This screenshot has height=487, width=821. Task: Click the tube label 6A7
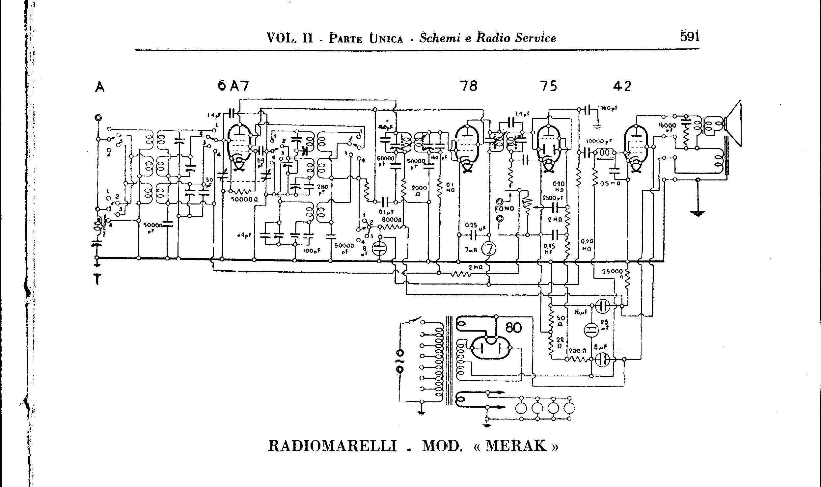pyautogui.click(x=233, y=86)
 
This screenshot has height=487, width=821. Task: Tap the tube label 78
pyautogui.click(x=469, y=86)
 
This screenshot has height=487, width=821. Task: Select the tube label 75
pyautogui.click(x=549, y=86)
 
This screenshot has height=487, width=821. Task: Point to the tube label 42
pyautogui.click(x=622, y=86)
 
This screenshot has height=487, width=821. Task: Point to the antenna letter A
pyautogui.click(x=99, y=87)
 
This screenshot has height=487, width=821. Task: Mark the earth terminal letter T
pyautogui.click(x=97, y=279)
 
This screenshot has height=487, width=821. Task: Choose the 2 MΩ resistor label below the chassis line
pyautogui.click(x=476, y=267)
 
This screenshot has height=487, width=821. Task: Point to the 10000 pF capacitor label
pyautogui.click(x=599, y=142)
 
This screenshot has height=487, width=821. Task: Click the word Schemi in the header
pyautogui.click(x=439, y=38)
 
